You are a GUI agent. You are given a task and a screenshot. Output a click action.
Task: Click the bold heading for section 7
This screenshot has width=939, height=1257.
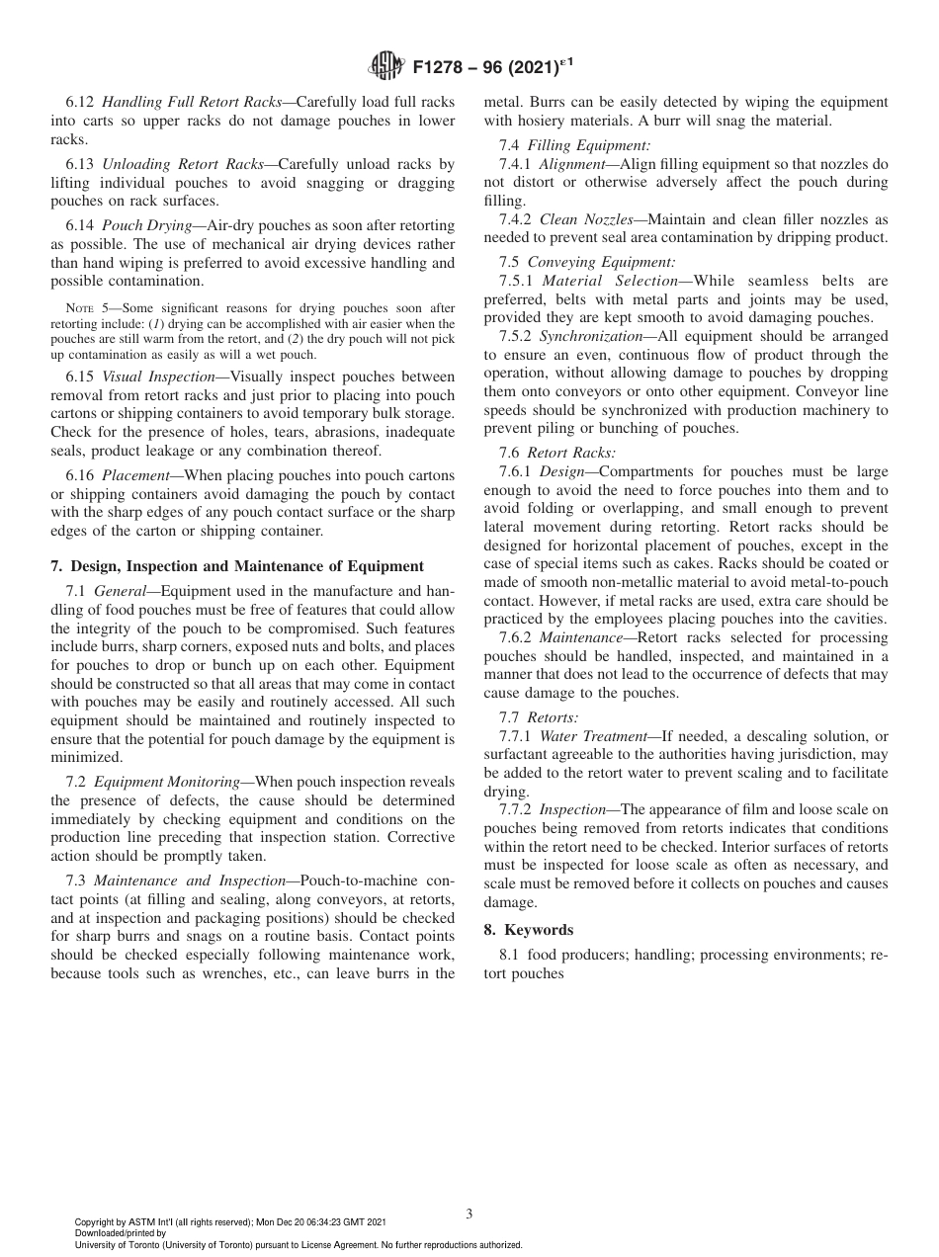[236, 566]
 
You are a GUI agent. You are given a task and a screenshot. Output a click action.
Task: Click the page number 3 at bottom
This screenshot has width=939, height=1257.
[469, 1214]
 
